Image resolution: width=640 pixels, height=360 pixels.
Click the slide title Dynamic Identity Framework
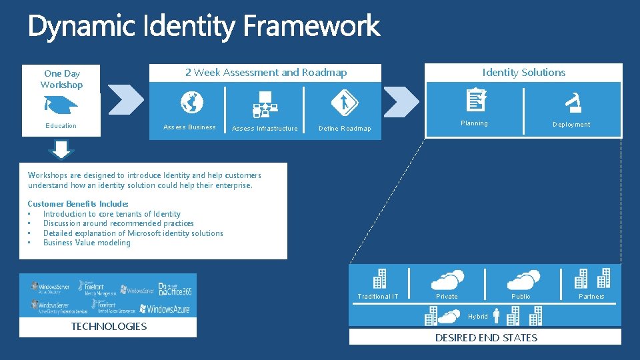point(203,27)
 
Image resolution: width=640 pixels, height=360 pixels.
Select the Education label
point(61,126)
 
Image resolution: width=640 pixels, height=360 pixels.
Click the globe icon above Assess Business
point(191,103)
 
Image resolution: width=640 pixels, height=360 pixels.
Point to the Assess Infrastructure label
point(265,129)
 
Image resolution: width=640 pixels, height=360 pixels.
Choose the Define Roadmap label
point(345,129)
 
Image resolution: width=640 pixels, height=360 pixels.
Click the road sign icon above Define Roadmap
point(345,103)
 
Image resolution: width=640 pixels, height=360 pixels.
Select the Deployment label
point(571,125)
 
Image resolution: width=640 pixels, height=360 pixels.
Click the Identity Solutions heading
point(523,73)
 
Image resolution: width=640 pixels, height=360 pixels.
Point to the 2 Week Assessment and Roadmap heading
point(265,73)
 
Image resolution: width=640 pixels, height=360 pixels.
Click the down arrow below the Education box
point(61,149)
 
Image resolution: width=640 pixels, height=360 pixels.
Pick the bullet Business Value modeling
point(87,243)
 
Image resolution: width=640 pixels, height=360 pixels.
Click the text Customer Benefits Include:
point(78,204)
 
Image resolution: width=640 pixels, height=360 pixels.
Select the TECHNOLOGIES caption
point(109,327)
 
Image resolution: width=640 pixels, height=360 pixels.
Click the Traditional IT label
point(378,297)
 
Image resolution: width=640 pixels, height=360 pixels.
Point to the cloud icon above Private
point(447,279)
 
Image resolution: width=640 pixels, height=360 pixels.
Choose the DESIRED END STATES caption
point(486,338)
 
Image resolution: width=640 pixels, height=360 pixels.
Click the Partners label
point(591,297)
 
